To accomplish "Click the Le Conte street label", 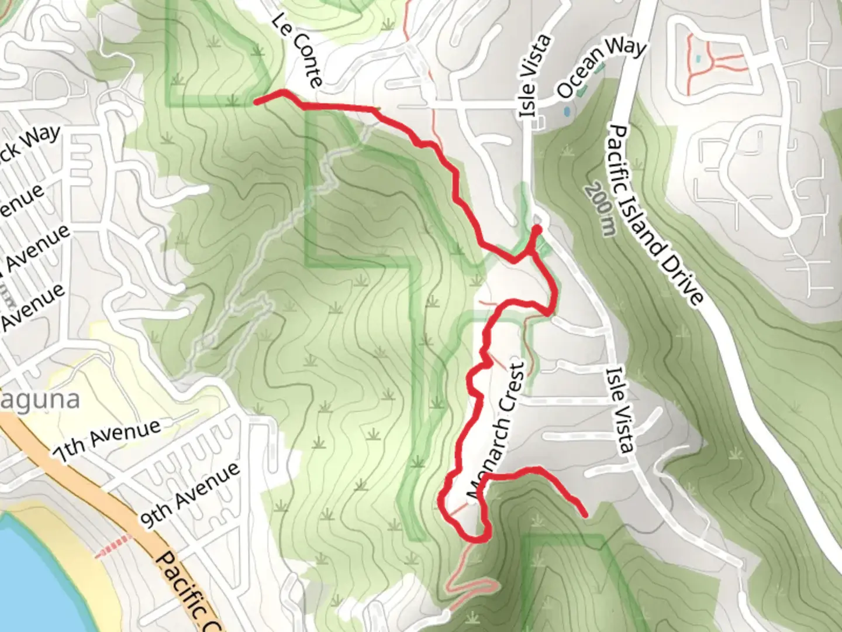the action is click(297, 51).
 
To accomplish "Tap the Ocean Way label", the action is click(602, 68).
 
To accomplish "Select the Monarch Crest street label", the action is click(496, 432).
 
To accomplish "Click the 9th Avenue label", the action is click(190, 495).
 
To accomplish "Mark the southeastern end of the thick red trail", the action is click(585, 515).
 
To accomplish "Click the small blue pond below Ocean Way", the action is click(566, 109).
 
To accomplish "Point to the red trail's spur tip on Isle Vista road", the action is click(536, 228).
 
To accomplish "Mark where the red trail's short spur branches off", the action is click(529, 253).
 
